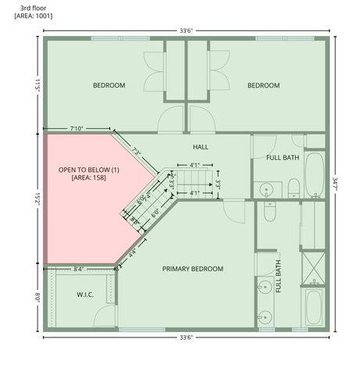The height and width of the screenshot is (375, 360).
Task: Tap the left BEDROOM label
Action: click(109, 85)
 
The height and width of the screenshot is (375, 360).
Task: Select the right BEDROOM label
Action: click(263, 85)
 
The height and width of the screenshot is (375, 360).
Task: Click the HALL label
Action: click(201, 146)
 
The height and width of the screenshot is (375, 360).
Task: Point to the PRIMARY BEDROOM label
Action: click(193, 269)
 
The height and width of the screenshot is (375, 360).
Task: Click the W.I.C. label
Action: click(85, 295)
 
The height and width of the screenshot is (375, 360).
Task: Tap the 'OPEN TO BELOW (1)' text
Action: click(88, 170)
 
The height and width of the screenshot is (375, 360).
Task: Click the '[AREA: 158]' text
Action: click(88, 178)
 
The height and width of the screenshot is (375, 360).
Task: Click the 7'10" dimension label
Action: click(77, 127)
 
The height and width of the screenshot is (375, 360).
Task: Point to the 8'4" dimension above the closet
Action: click(78, 269)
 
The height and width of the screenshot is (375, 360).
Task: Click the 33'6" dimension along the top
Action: click(186, 30)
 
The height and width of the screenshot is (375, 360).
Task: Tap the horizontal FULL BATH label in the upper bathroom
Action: click(282, 158)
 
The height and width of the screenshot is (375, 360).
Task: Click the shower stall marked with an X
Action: click(312, 267)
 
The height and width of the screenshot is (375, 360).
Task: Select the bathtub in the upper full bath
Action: click(314, 173)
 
